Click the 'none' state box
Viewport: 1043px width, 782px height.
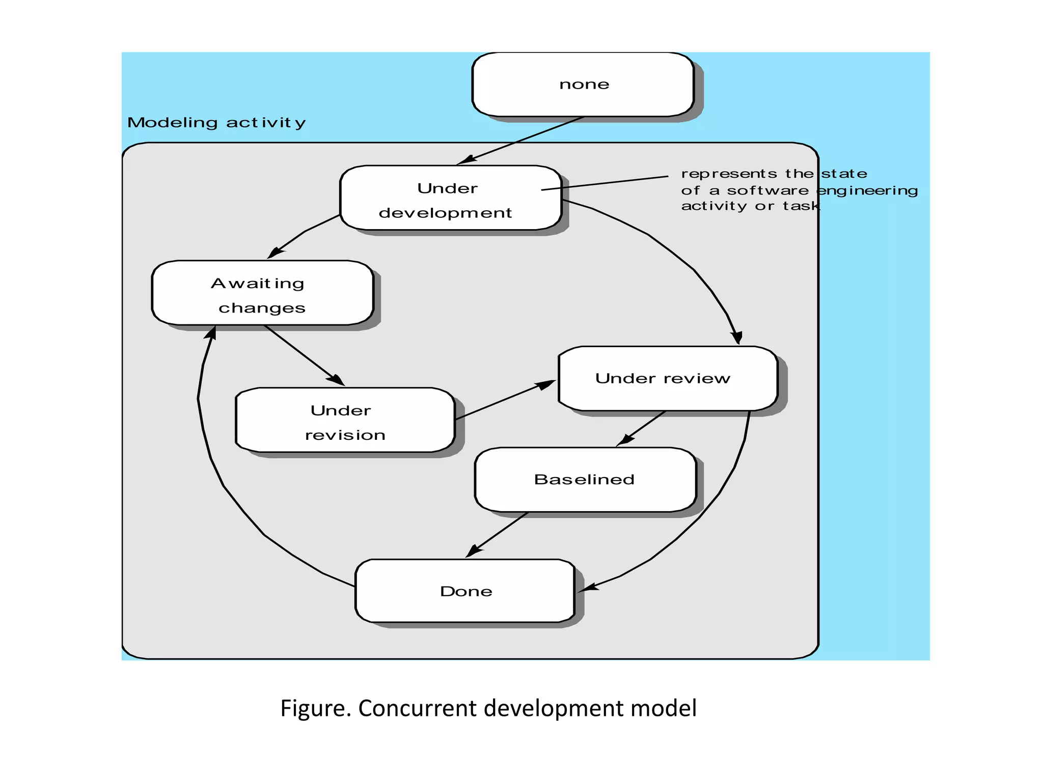pos(583,85)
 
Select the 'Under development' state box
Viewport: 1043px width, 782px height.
pos(451,198)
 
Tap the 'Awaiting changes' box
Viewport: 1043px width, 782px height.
pos(262,293)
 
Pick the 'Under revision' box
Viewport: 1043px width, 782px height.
pos(345,421)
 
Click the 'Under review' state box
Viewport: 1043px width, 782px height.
pos(668,379)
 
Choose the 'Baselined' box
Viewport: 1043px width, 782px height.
pos(585,480)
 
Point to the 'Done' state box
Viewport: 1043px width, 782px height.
pos(465,591)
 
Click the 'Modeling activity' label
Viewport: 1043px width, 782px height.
pos(216,123)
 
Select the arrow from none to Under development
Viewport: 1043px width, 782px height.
pos(519,141)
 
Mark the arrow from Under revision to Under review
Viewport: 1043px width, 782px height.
pos(504,400)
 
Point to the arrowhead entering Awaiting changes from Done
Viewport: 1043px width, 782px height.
pos(211,333)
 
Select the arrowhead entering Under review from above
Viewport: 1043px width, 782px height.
pos(737,337)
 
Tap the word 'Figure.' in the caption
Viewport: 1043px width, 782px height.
pos(315,708)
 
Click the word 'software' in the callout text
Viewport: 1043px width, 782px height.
pos(767,190)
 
